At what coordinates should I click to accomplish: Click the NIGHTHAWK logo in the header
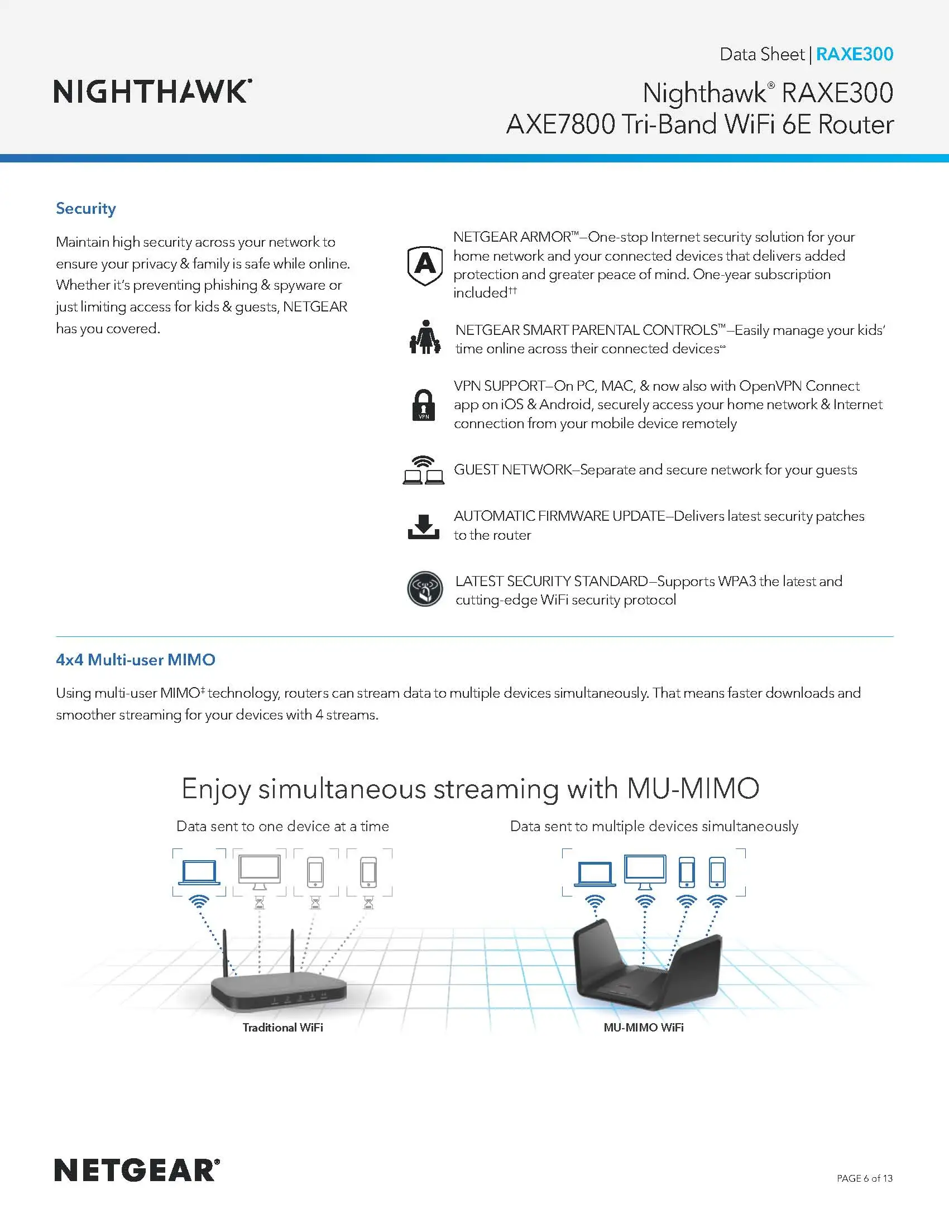coord(152,91)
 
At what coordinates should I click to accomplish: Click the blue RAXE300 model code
coord(854,54)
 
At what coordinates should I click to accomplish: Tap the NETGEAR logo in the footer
coord(137,1171)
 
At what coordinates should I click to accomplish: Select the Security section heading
coord(86,208)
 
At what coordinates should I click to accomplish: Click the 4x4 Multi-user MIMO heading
coord(136,660)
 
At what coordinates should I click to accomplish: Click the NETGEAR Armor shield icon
coord(425,264)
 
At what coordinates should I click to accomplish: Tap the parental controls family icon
coord(424,337)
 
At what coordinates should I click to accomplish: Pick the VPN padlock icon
coord(424,405)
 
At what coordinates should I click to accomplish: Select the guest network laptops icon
coord(424,470)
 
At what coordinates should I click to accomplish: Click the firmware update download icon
coord(423,526)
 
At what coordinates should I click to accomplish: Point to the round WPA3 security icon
coord(425,589)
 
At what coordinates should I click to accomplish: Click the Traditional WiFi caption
coord(283,1027)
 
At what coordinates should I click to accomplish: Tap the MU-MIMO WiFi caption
coord(644,1027)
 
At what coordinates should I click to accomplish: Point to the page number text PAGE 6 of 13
coord(864,1178)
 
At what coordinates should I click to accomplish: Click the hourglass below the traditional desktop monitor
coord(259,903)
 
